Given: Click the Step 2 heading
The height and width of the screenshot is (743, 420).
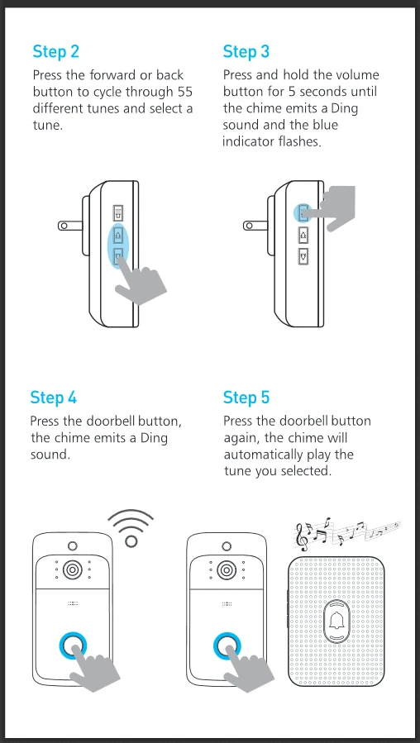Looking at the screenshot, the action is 56,51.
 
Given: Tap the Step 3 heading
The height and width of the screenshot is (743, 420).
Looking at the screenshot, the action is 246,51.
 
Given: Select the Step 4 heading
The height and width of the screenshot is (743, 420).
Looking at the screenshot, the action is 54,397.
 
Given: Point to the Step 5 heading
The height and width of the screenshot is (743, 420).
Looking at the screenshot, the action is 246,397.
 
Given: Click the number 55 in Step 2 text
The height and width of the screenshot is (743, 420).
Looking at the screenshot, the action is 184,92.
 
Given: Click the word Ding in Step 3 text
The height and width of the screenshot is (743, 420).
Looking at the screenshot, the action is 344,108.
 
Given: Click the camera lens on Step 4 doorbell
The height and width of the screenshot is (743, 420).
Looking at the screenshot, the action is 73,569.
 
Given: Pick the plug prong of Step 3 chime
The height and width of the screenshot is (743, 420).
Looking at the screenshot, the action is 255,226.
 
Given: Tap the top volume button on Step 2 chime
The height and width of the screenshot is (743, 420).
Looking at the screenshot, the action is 118,212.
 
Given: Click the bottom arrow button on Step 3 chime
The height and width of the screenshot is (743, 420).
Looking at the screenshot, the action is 303,256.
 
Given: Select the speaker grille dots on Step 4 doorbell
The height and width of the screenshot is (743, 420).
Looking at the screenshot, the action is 73,603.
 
